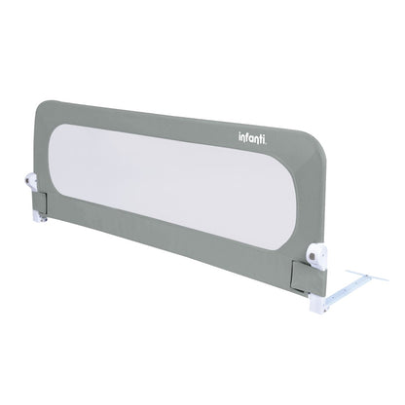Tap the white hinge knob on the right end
tap(316, 253)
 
